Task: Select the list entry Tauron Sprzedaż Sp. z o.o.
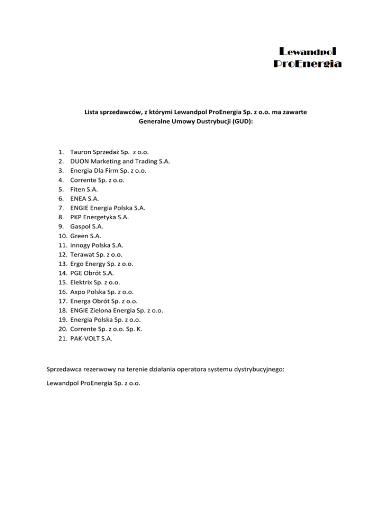[x=110, y=152]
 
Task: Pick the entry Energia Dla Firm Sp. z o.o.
[x=108, y=171]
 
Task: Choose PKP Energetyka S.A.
[x=100, y=217]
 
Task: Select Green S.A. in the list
[x=86, y=236]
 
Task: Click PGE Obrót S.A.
[x=93, y=273]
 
